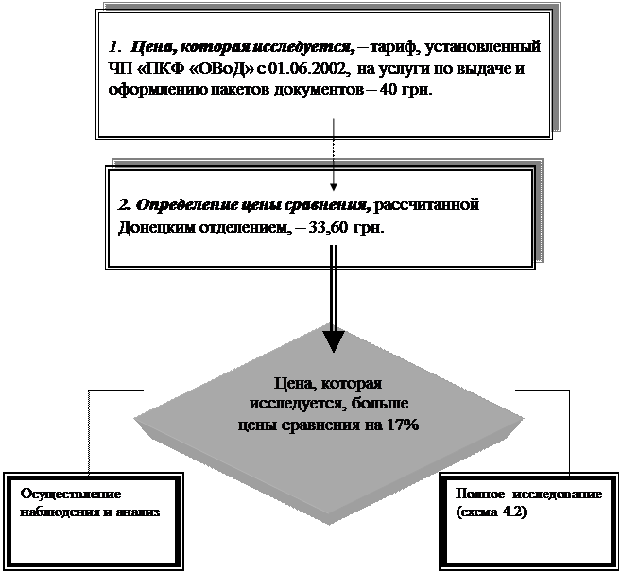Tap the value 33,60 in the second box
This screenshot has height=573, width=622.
(334, 228)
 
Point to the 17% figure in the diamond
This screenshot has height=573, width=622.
(401, 425)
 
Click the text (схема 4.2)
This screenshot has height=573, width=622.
(492, 512)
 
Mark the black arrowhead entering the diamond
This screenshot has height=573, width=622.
(334, 339)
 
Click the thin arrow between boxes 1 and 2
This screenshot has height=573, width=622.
(334, 151)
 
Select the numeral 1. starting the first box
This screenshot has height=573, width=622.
(113, 45)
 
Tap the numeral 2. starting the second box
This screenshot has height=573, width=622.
(123, 205)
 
